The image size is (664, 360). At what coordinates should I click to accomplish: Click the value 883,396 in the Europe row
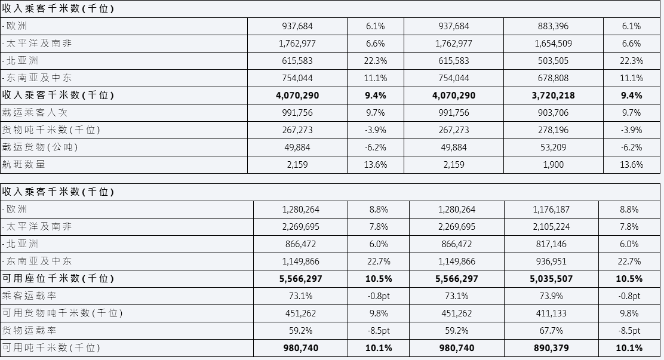pos(553,26)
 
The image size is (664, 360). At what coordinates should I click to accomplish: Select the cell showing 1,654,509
pos(553,44)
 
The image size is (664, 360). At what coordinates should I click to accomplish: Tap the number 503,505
pos(553,61)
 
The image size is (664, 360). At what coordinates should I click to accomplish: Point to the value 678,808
pos(553,78)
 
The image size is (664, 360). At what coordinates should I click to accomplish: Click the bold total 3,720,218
pos(553,96)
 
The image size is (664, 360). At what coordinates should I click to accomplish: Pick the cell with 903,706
pos(553,113)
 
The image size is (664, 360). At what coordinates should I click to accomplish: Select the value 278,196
pos(553,130)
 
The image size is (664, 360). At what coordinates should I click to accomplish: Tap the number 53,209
pos(553,148)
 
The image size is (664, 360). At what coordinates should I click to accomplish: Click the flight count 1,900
pos(553,165)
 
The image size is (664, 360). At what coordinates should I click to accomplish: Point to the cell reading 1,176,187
pos(551,210)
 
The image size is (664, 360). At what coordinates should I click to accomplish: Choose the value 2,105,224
pos(551,227)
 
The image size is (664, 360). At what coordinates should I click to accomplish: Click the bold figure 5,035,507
pos(551,279)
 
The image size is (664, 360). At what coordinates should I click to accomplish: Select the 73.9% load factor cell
pos(551,296)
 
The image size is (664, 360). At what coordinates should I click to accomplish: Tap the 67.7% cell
pos(551,331)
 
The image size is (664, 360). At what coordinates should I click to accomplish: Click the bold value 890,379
pos(551,348)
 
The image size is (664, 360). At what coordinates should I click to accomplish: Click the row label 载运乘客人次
pos(35,113)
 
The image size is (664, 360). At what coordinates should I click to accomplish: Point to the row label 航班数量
pos(24,164)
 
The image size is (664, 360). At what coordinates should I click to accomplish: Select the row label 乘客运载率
pos(29,296)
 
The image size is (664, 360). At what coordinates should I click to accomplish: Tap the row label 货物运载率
pos(29,330)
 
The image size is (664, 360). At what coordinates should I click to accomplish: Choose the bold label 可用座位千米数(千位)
pos(58,278)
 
